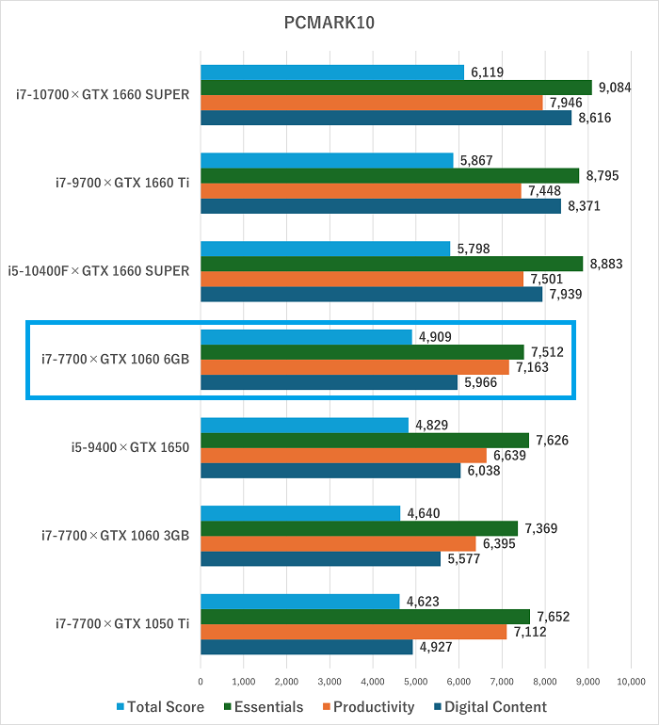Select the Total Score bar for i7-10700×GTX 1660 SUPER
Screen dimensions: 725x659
click(x=332, y=72)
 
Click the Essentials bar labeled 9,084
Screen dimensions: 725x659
click(x=395, y=88)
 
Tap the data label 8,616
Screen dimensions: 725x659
click(x=595, y=119)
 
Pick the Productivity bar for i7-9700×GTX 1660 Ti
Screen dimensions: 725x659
click(x=361, y=191)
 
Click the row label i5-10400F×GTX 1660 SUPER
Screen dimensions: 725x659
click(x=99, y=271)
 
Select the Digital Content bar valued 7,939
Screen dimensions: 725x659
click(x=371, y=294)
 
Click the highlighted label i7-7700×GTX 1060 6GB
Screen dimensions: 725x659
click(x=116, y=359)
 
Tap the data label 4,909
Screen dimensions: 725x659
click(x=436, y=337)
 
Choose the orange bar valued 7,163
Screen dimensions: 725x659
click(x=355, y=367)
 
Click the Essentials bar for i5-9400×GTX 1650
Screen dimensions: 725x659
click(x=364, y=440)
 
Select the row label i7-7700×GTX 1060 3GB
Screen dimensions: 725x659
click(x=116, y=536)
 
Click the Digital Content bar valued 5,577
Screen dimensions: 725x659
click(x=320, y=558)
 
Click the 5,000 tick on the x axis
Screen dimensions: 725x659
click(x=415, y=680)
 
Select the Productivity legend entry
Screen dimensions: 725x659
click(x=366, y=707)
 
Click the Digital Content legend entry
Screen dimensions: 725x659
click(x=489, y=707)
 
